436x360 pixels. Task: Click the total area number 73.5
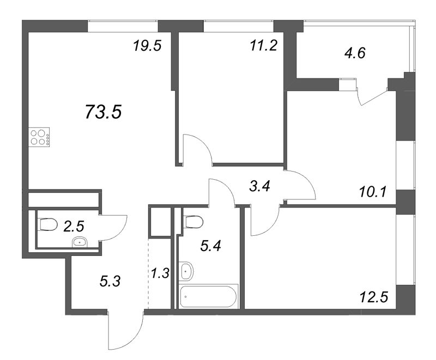coord(103,112)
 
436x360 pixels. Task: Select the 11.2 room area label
coord(264,46)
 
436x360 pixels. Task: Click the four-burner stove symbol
coord(39,136)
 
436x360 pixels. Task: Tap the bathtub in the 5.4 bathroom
coord(209,296)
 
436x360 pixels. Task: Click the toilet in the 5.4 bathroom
coord(193,221)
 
